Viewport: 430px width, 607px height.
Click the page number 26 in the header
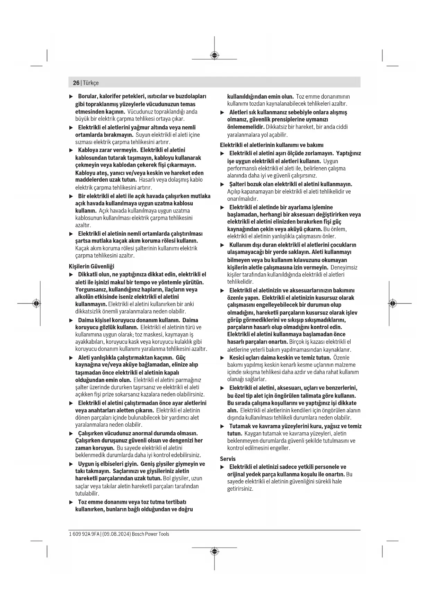(76, 83)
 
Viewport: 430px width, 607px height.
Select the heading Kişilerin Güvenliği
(91, 266)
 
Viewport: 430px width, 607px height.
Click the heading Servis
(228, 459)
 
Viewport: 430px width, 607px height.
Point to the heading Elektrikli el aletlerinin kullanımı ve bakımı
(272, 145)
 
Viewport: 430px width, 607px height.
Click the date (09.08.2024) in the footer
(116, 534)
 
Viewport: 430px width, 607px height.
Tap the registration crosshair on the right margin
(392, 303)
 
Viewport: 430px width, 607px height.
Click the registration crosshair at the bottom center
(214, 551)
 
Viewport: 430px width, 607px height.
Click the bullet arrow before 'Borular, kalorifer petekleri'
(71, 96)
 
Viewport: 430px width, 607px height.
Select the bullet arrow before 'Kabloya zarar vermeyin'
(71, 150)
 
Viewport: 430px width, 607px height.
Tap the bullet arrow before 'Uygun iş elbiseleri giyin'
(71, 464)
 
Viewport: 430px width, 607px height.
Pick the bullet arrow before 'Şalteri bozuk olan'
(222, 184)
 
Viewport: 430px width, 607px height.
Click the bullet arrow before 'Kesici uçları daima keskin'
(222, 358)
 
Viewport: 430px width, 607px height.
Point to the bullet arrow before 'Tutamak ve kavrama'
(222, 426)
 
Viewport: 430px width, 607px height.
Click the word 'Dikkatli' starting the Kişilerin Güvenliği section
(88, 274)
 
